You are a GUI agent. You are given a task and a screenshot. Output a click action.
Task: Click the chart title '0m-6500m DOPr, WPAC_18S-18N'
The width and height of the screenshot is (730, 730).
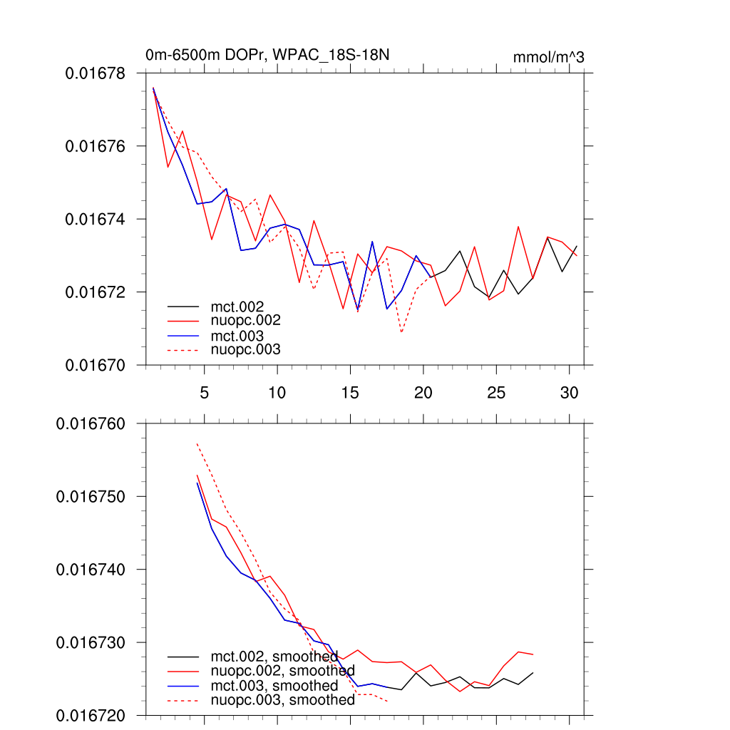point(267,55)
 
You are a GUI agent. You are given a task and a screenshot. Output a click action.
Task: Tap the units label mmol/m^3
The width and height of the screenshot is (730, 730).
point(548,57)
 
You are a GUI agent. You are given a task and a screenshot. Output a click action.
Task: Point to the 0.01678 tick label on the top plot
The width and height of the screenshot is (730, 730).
point(95,73)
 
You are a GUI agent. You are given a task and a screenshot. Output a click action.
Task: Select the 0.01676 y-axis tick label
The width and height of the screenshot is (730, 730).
point(95,146)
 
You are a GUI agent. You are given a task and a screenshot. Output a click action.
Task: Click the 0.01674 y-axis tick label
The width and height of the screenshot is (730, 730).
point(95,220)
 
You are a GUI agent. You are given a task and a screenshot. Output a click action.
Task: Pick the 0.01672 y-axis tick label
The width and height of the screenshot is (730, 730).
point(95,292)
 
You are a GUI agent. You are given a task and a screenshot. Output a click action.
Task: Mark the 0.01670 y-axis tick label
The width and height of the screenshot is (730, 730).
point(95,365)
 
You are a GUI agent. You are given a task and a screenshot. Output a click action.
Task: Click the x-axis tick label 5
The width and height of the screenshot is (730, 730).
point(205,392)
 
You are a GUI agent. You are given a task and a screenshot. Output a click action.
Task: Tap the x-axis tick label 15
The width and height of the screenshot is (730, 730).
point(350,392)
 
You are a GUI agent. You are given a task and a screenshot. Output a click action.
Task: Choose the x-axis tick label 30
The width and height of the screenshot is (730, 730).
point(569,392)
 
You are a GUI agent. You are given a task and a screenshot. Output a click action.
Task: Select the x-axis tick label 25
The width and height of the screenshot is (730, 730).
point(496,392)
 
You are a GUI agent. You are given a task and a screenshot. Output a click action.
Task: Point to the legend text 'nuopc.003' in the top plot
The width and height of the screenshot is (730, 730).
point(245,349)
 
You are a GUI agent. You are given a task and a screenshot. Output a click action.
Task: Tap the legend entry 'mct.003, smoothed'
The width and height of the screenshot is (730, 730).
point(274,686)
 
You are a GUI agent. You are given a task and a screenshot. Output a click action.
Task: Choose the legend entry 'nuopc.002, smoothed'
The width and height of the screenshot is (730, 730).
point(282,672)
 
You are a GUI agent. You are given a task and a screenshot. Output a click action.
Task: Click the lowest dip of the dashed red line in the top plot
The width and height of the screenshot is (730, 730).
point(402,332)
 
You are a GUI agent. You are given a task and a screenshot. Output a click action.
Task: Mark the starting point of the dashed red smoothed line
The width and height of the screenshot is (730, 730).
point(197,443)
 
